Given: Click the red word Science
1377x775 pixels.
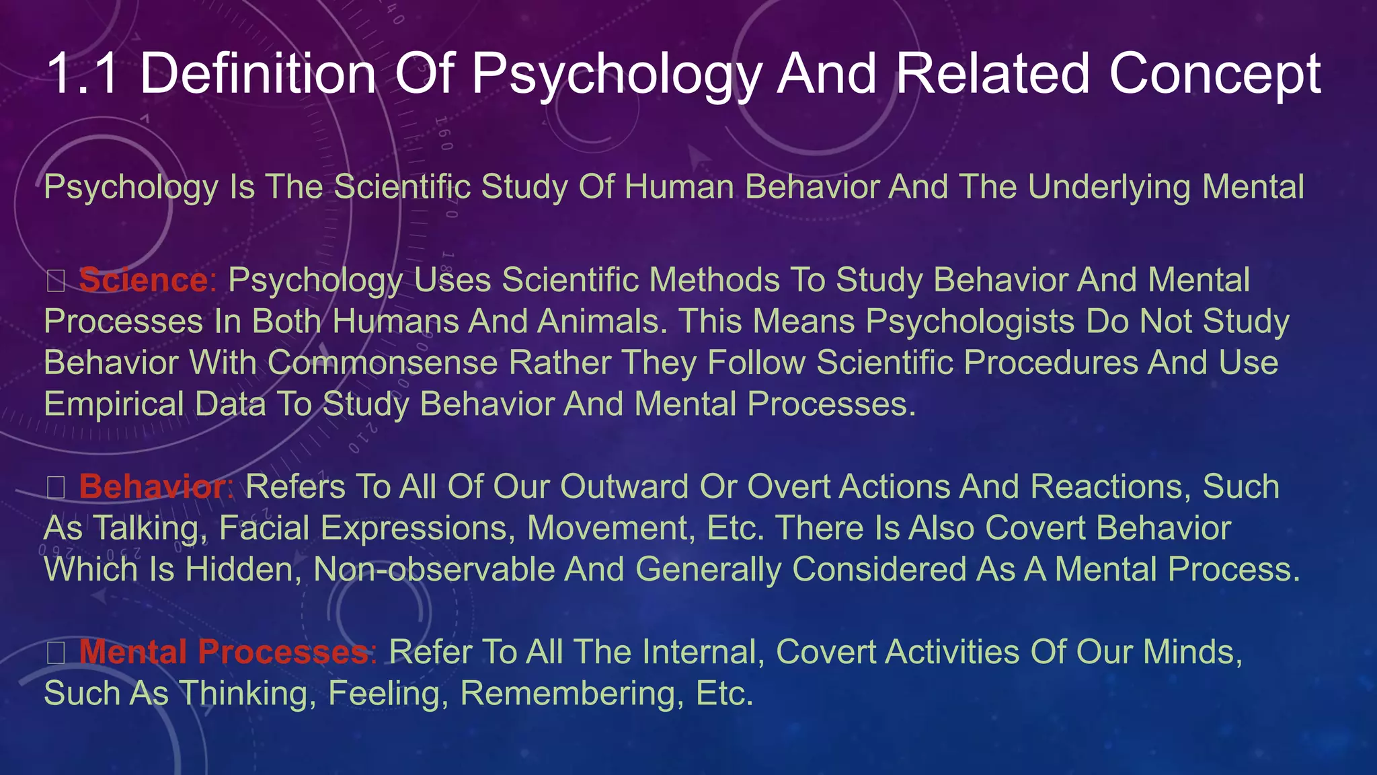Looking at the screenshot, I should (x=143, y=280).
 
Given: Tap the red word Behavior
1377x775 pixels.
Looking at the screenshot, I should (x=153, y=486).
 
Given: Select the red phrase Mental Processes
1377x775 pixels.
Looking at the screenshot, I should (x=224, y=652).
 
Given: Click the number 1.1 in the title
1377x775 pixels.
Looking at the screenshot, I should (x=83, y=73).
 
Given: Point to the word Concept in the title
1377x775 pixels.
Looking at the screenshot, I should (x=1215, y=75).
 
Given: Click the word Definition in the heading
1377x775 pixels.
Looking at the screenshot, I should (x=258, y=73).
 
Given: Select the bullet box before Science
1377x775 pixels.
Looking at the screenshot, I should (x=56, y=281).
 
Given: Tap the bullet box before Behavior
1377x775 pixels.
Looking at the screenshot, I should (x=56, y=488).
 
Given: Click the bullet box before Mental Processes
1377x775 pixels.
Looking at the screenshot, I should (x=56, y=653).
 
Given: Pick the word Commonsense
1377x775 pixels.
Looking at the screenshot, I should (x=383, y=363).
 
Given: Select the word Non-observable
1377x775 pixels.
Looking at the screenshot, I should (x=433, y=569).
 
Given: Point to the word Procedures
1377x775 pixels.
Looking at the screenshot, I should (x=1050, y=363).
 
